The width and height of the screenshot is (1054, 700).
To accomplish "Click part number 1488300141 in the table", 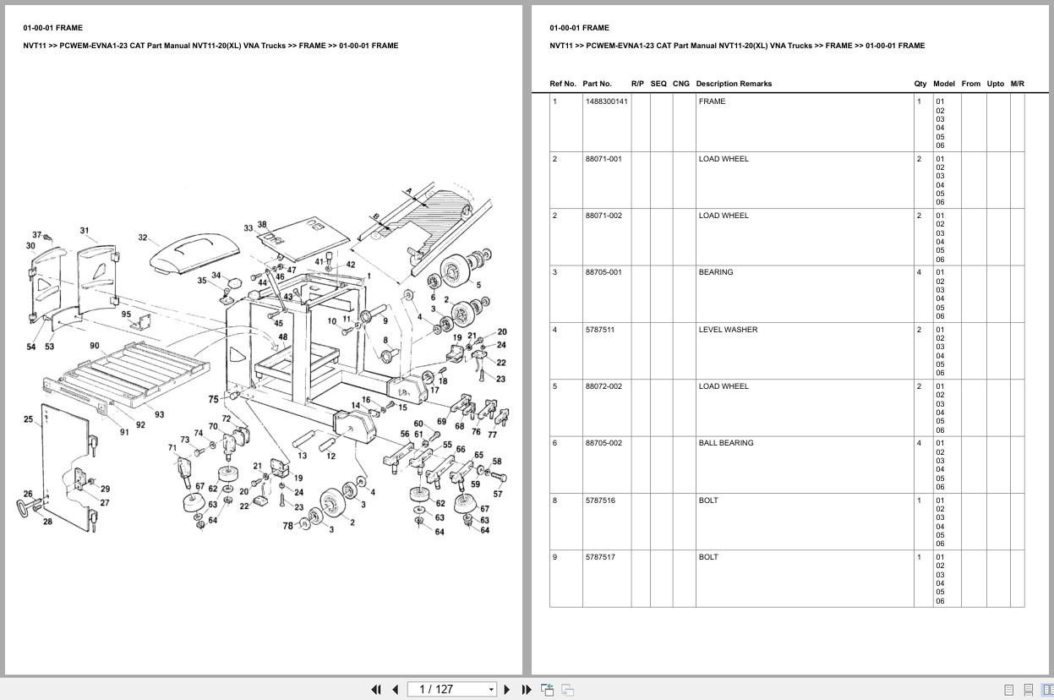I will click(606, 101).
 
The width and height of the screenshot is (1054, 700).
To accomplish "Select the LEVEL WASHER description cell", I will click(728, 330).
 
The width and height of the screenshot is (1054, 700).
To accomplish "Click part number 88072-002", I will click(603, 386).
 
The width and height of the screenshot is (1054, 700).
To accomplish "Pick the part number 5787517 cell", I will click(600, 557).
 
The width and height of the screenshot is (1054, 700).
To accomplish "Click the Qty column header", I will click(920, 84).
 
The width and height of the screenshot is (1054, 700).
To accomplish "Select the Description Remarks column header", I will click(733, 84).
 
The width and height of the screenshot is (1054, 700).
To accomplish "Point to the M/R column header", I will click(1017, 84).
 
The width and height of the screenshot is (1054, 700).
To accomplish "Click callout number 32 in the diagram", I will click(143, 238).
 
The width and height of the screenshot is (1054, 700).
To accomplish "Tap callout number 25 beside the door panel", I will click(29, 419).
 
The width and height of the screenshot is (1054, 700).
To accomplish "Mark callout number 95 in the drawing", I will click(126, 314).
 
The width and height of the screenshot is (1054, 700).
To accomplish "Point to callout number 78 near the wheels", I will click(287, 526).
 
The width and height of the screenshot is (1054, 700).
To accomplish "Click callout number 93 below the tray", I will click(159, 414).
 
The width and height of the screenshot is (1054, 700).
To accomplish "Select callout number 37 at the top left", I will click(37, 235).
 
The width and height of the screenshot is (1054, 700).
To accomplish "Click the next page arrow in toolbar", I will click(507, 689).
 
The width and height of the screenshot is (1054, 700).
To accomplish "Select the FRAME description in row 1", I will click(712, 101).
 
